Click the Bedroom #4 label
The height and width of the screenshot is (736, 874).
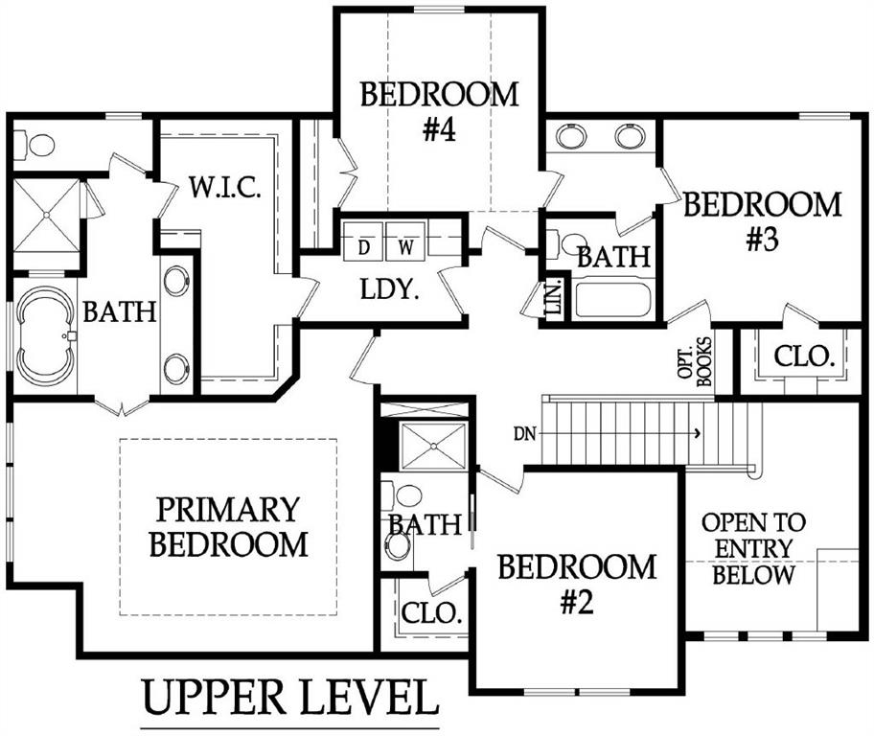point(439,111)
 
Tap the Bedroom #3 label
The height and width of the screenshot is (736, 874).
point(762,221)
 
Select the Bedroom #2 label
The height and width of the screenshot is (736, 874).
point(577,584)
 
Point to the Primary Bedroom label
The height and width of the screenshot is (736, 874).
point(228,526)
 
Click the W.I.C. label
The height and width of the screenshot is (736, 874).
point(225,187)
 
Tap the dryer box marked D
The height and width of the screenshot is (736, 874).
point(363,241)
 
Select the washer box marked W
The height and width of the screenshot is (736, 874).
point(405,241)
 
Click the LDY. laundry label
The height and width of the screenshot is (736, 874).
point(389,289)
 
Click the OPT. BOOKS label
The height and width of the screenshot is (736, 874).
point(695,362)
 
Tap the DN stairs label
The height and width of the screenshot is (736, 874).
point(524,433)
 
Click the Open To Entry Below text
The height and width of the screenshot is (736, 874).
point(753,549)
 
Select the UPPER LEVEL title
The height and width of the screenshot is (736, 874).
point(289,698)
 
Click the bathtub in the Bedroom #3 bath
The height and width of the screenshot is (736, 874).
point(612,300)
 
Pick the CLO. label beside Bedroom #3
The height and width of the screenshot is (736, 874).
point(804,356)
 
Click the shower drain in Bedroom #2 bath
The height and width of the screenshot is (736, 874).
point(434,446)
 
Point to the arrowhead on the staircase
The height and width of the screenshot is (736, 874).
point(698,433)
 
